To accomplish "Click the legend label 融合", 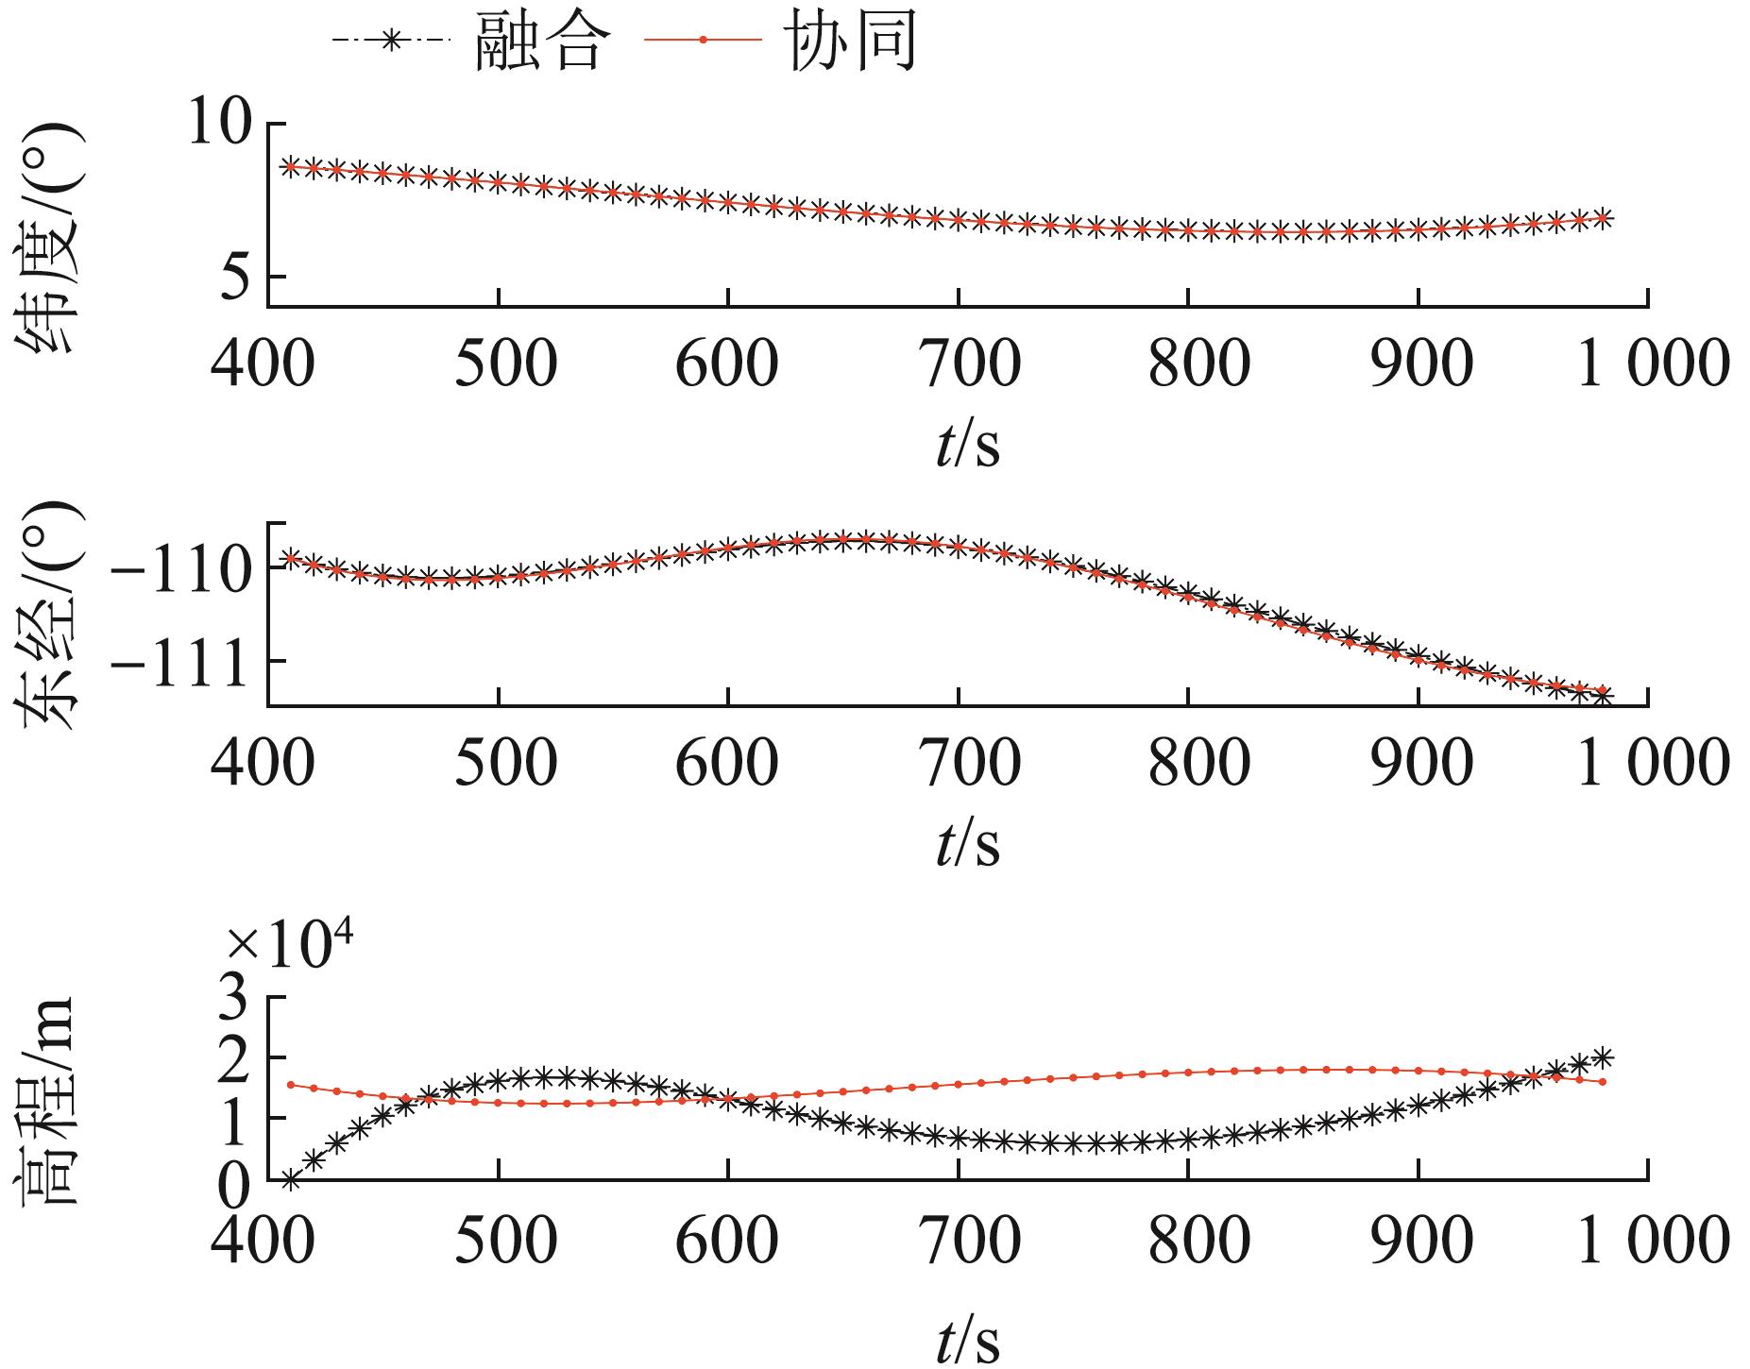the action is (x=537, y=42).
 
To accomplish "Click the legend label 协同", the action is (x=850, y=42).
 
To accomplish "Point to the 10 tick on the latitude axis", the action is (x=221, y=124).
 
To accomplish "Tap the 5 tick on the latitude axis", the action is (x=237, y=277).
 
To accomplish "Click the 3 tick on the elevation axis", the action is (x=236, y=997).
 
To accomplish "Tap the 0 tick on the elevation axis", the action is (x=236, y=1181).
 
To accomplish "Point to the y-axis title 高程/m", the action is (x=48, y=1101).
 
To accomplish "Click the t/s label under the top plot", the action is (x=967, y=444).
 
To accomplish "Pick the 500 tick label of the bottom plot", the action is (x=504, y=1240).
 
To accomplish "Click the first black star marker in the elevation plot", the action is (x=290, y=1178).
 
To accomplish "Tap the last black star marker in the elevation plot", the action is (x=1603, y=1056).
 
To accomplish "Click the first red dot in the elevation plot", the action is (x=290, y=1085).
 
